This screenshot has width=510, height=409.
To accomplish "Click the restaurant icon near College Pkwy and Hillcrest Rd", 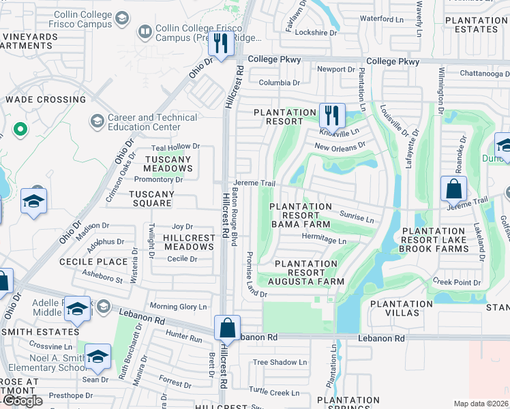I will pyautogui.click(x=221, y=44).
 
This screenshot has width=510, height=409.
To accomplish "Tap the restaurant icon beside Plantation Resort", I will pyautogui.click(x=332, y=116).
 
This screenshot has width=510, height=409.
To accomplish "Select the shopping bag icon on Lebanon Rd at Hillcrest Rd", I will pyautogui.click(x=228, y=328).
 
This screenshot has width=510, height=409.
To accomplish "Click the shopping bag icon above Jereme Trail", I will pyautogui.click(x=453, y=188).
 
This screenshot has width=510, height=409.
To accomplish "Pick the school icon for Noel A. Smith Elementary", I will pyautogui.click(x=97, y=358).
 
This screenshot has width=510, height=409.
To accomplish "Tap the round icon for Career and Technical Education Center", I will pyautogui.click(x=97, y=121).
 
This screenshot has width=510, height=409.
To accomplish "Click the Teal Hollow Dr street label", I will pyautogui.click(x=175, y=147).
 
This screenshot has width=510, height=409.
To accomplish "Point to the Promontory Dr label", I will pyautogui.click(x=159, y=180).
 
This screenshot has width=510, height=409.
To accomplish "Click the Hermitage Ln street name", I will pyautogui.click(x=324, y=241).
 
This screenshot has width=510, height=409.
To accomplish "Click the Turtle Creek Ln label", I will pyautogui.click(x=274, y=392).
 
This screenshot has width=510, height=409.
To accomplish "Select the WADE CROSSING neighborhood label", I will pyautogui.click(x=46, y=100).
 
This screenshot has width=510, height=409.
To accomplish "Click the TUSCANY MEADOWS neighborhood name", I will pyautogui.click(x=168, y=164).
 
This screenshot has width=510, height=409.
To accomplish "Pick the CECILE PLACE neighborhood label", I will pyautogui.click(x=93, y=262).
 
